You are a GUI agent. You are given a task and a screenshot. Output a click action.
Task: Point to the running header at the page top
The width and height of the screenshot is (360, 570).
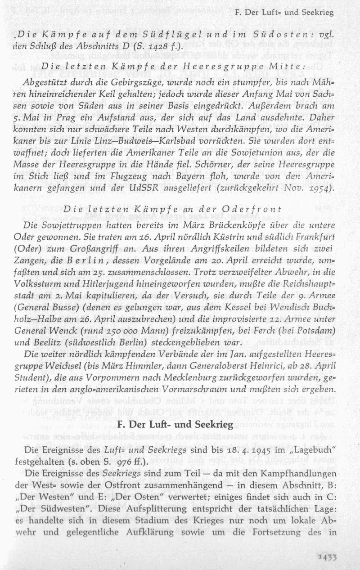tap(284, 12)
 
